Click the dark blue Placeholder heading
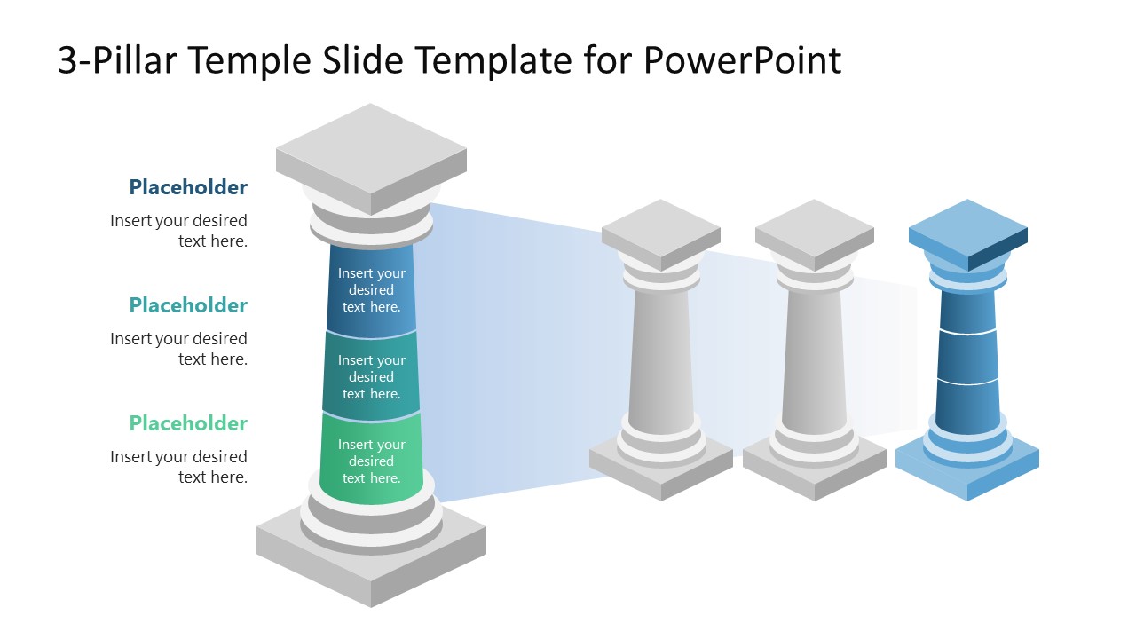(x=188, y=187)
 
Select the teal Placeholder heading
(x=188, y=305)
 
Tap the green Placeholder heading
(x=188, y=423)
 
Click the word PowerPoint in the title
(x=741, y=60)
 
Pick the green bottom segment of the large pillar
(x=371, y=461)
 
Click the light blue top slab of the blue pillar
(x=967, y=228)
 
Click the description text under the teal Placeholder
(x=179, y=349)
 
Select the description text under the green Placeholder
(x=179, y=467)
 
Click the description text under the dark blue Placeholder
(x=179, y=231)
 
